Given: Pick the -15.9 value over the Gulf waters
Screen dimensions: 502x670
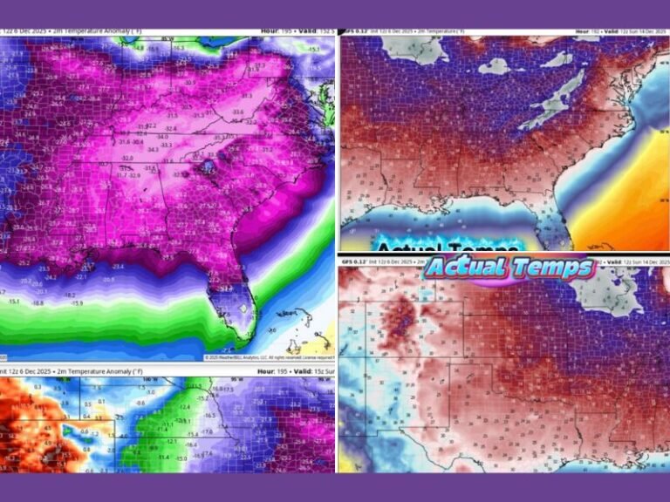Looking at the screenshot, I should (x=78, y=303).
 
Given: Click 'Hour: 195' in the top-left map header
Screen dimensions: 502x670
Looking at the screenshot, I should (x=282, y=31).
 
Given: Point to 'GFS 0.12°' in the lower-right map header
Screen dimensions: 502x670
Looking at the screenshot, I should (x=361, y=261).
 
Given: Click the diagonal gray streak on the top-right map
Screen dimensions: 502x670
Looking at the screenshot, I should (x=552, y=96).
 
